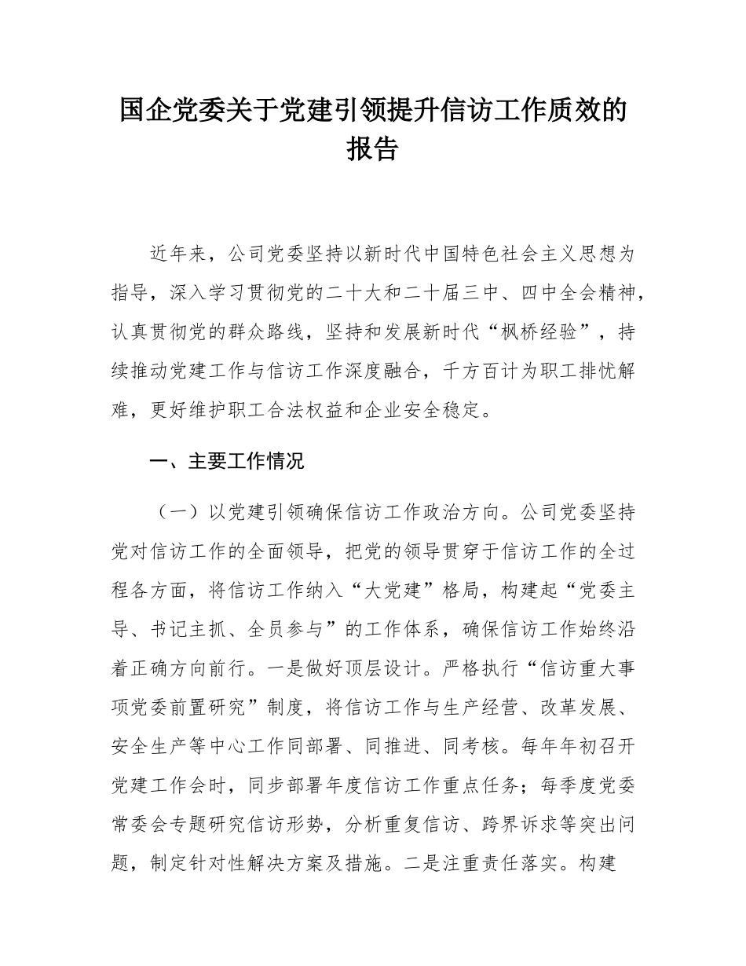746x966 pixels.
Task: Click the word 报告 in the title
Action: point(372,149)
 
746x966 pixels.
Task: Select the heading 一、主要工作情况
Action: point(226,461)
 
